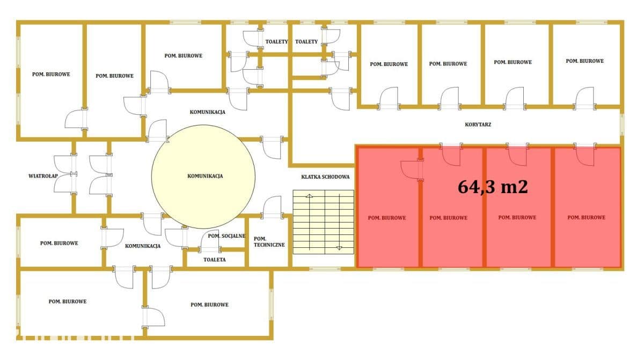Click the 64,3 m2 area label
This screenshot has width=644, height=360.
[493, 187]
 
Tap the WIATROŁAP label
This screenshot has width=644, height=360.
[43, 176]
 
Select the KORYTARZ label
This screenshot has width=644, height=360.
[478, 124]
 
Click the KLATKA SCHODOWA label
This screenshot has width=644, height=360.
[325, 177]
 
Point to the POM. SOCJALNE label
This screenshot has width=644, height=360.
[226, 236]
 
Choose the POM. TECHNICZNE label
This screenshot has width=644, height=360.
[269, 242]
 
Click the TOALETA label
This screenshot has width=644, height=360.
[215, 260]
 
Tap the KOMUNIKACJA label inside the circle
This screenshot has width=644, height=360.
[205, 176]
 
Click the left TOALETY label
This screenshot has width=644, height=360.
[276, 42]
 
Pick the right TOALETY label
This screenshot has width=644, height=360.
[306, 42]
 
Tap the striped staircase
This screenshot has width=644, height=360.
[324, 222]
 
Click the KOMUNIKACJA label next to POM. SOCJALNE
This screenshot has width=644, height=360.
[143, 246]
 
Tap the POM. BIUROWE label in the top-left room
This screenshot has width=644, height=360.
[51, 75]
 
